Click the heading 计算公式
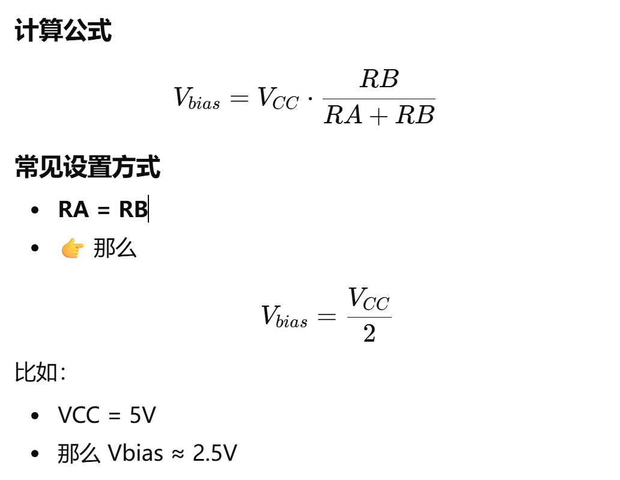click(63, 31)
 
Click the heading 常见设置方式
click(88, 167)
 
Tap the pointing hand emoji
click(73, 248)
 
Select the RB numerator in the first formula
click(379, 79)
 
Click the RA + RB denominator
click(379, 114)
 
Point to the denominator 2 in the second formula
click(369, 334)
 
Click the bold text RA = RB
click(103, 209)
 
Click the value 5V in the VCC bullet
click(143, 415)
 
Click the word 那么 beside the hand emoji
click(115, 248)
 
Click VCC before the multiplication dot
click(278, 98)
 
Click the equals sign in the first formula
click(239, 99)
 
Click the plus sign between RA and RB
click(378, 115)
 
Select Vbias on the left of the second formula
click(284, 316)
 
